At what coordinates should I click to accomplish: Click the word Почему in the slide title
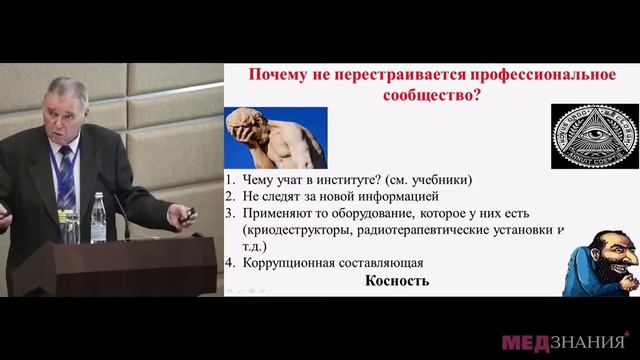coord(276,75)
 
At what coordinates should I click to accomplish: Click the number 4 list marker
coord(230,264)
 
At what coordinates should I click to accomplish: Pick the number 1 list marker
coord(230,180)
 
